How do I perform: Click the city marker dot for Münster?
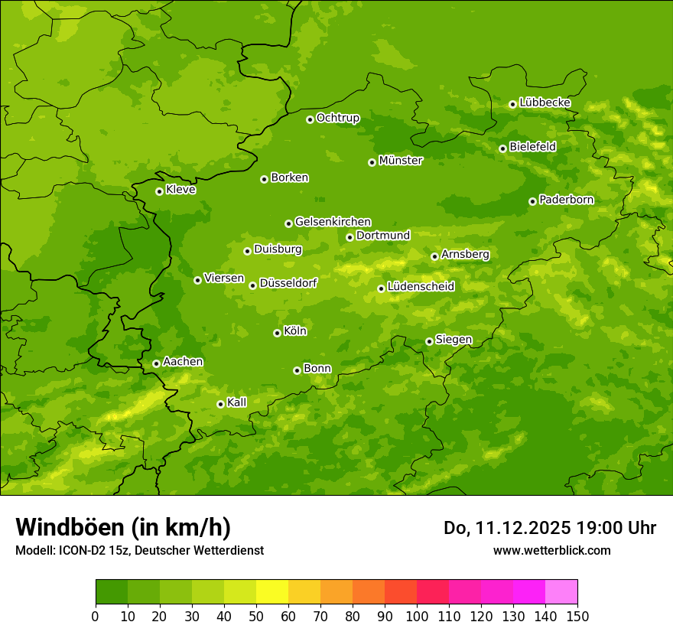372,162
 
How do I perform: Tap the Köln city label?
295,331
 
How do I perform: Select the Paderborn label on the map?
566,200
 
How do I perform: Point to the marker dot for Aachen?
156,363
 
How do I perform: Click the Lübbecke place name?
545,103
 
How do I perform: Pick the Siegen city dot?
429,341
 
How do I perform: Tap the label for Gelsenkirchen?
333,222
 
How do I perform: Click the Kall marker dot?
220,404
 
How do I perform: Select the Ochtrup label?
337,118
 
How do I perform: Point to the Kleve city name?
180,190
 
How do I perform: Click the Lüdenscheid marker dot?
381,288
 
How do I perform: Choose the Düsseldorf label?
288,283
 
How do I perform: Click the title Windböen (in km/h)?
123,527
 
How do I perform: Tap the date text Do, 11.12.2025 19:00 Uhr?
550,528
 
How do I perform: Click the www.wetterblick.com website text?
551,550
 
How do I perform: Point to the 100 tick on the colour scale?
417,616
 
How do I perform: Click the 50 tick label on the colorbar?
256,616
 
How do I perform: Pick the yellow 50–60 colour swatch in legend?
272,591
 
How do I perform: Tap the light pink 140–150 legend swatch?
561,591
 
